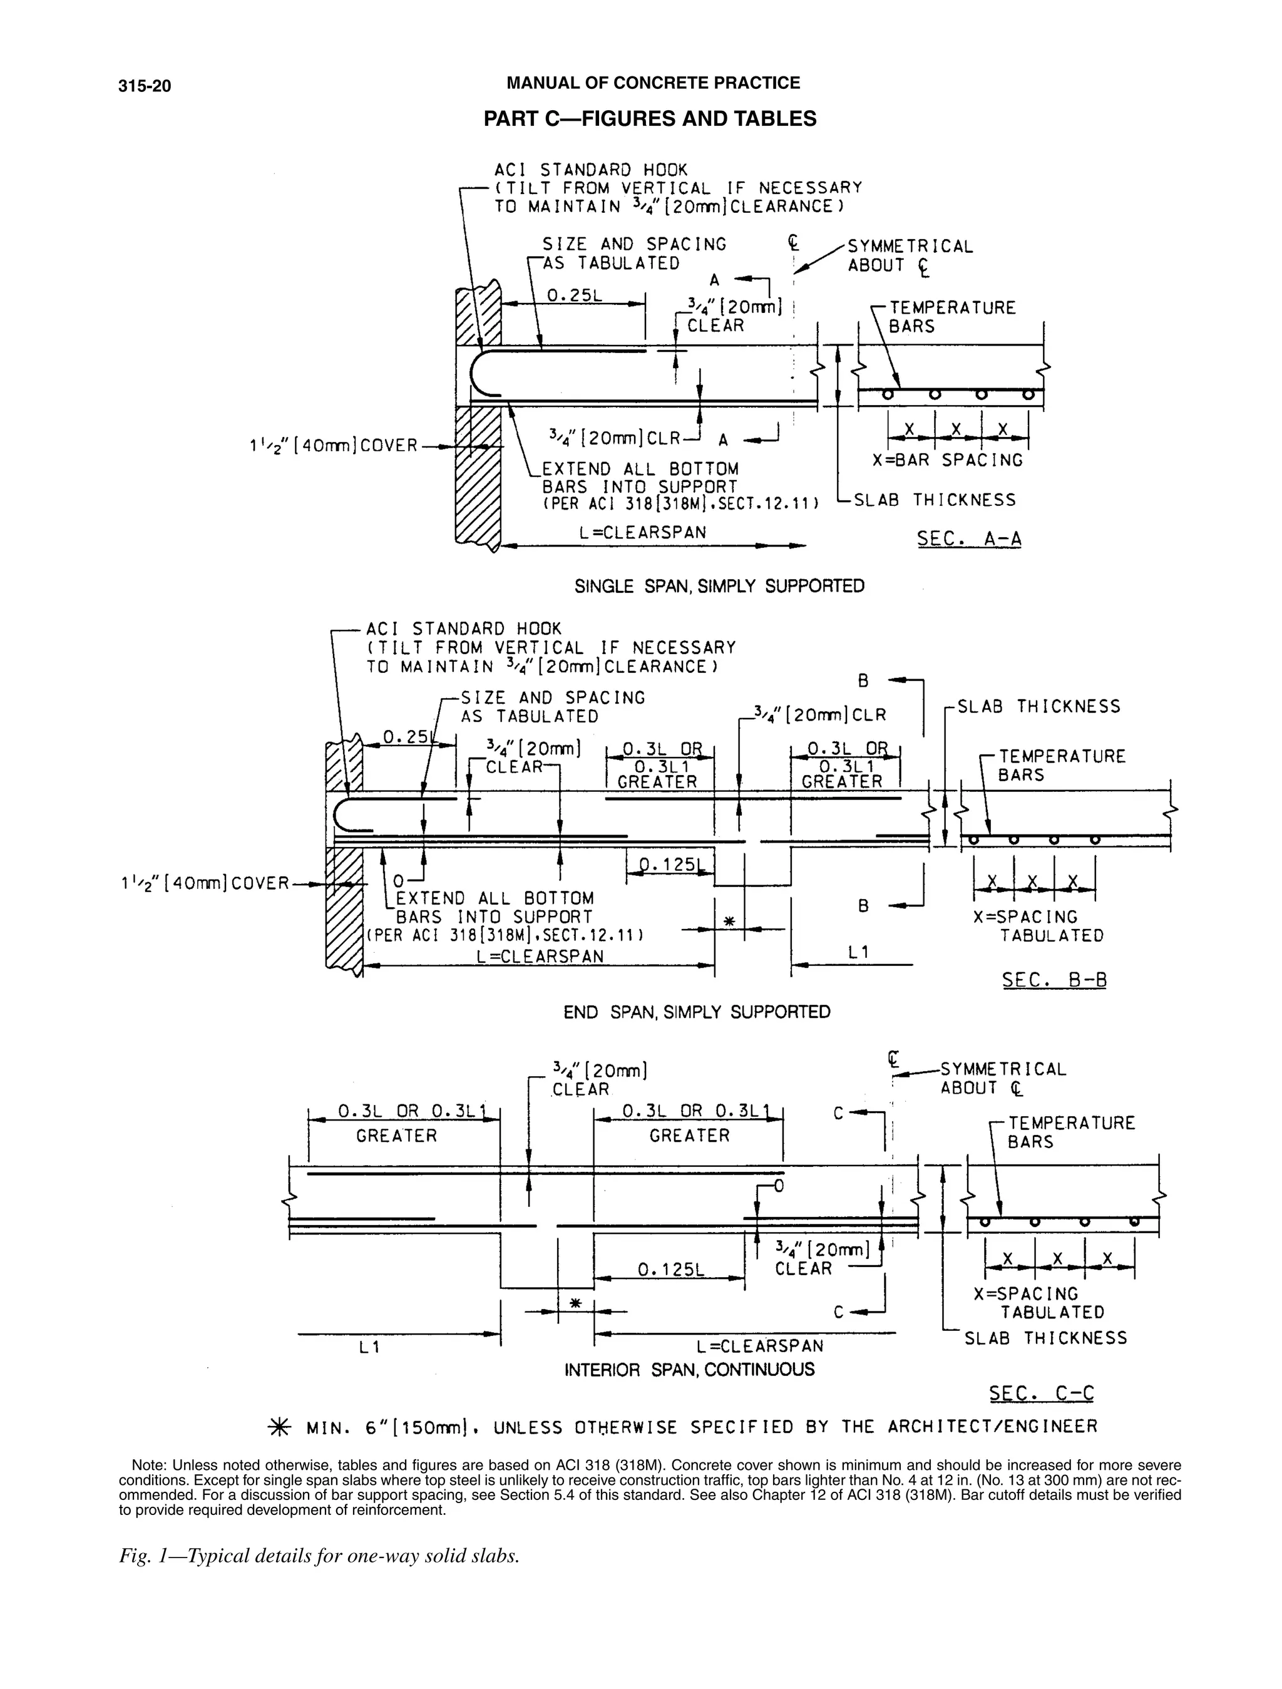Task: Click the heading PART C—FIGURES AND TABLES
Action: [650, 119]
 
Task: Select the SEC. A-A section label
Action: [969, 539]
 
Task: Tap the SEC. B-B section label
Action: [1055, 980]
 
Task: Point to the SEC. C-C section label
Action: [1042, 1394]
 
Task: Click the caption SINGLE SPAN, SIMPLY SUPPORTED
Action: [719, 587]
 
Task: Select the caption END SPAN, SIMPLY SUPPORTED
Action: [696, 1012]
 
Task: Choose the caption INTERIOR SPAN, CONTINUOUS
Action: [689, 1370]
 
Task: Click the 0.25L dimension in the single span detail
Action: [574, 295]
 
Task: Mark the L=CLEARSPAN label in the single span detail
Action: [644, 532]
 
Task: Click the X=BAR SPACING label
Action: [948, 460]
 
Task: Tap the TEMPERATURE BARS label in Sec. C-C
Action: [1071, 1132]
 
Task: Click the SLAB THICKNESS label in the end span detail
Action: [1038, 707]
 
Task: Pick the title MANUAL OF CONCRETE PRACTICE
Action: [654, 83]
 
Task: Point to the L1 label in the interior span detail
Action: [369, 1348]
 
